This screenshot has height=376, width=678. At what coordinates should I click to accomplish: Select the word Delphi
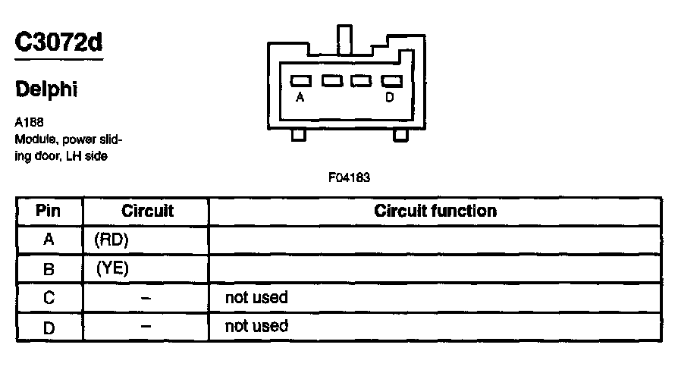47,89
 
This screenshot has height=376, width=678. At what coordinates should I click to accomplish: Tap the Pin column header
49,211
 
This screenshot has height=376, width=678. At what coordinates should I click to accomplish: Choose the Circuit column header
147,211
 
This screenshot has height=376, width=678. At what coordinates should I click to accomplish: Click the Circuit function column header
435,211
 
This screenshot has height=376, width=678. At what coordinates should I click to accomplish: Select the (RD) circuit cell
112,240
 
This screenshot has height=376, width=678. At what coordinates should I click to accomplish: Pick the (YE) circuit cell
112,268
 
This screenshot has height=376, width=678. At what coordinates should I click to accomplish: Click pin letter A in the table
49,240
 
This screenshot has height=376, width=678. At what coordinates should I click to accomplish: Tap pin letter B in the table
49,268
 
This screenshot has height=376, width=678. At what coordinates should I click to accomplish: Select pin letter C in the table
49,297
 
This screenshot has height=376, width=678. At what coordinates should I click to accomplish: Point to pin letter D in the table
49,326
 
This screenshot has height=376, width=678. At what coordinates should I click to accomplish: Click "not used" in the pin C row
256,297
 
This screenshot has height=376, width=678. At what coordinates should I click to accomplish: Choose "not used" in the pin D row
256,326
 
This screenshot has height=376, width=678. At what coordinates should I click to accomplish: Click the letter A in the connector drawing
300,97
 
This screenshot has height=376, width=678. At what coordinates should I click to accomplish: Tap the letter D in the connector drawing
390,97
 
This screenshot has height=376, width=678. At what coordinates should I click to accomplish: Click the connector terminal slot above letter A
301,80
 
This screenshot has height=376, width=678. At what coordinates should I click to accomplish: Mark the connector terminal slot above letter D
390,80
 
